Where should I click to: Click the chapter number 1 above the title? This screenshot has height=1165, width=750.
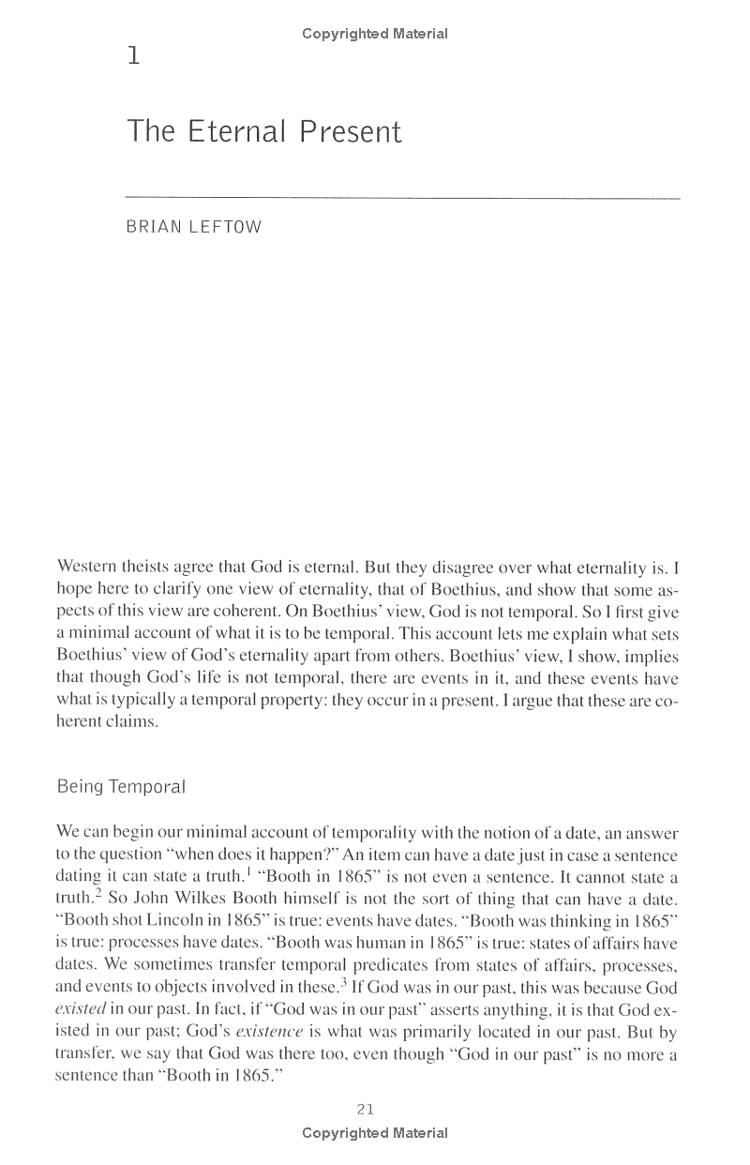click(x=133, y=58)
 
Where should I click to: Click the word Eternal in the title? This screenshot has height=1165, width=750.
click(x=232, y=131)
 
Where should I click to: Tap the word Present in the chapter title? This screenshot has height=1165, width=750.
click(x=351, y=131)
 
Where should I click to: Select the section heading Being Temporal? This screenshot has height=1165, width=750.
click(x=122, y=787)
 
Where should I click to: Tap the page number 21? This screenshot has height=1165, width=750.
click(x=366, y=1109)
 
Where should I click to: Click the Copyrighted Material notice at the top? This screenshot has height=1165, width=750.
click(x=375, y=34)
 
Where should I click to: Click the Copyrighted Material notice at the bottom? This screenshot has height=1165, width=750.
click(x=375, y=1133)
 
